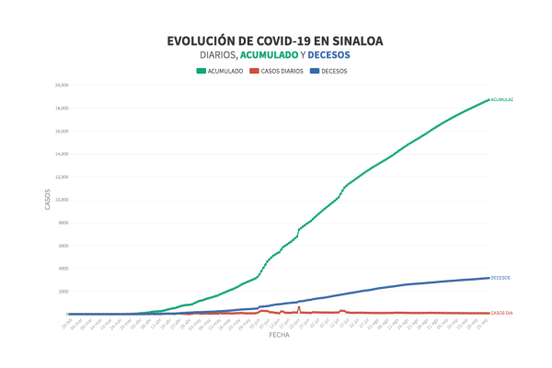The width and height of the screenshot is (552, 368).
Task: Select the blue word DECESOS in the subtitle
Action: [329, 54]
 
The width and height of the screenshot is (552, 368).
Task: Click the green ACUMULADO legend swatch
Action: [201, 70]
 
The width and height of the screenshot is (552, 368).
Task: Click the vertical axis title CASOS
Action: [48, 199]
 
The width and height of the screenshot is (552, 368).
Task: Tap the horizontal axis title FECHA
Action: [279, 336]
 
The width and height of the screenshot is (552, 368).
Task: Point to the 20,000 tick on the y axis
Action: [62, 85]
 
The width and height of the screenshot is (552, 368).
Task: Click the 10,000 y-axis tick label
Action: [62, 200]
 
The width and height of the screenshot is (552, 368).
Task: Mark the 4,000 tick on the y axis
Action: [63, 269]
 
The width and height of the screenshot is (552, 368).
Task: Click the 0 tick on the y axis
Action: [66, 314]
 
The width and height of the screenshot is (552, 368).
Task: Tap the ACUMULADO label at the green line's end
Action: [502, 99]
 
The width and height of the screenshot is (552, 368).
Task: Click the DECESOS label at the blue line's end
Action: [500, 278]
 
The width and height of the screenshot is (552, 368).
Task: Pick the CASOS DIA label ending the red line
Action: [502, 314]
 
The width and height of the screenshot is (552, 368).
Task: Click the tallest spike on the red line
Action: [299, 307]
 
